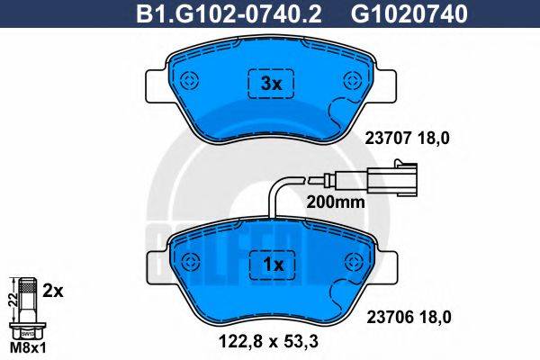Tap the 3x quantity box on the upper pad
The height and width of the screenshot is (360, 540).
click(x=271, y=84)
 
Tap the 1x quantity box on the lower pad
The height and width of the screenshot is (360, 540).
click(x=271, y=265)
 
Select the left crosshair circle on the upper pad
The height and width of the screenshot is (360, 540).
click(x=189, y=79)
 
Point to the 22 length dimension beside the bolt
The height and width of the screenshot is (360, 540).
click(x=12, y=300)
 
